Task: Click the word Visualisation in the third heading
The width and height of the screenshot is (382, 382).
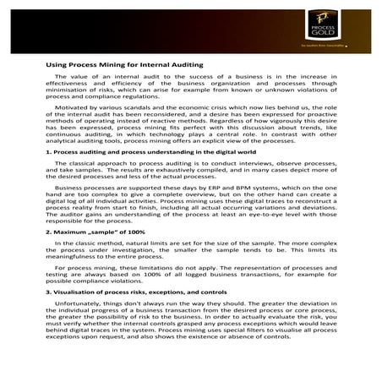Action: pyautogui.click(x=75, y=291)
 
